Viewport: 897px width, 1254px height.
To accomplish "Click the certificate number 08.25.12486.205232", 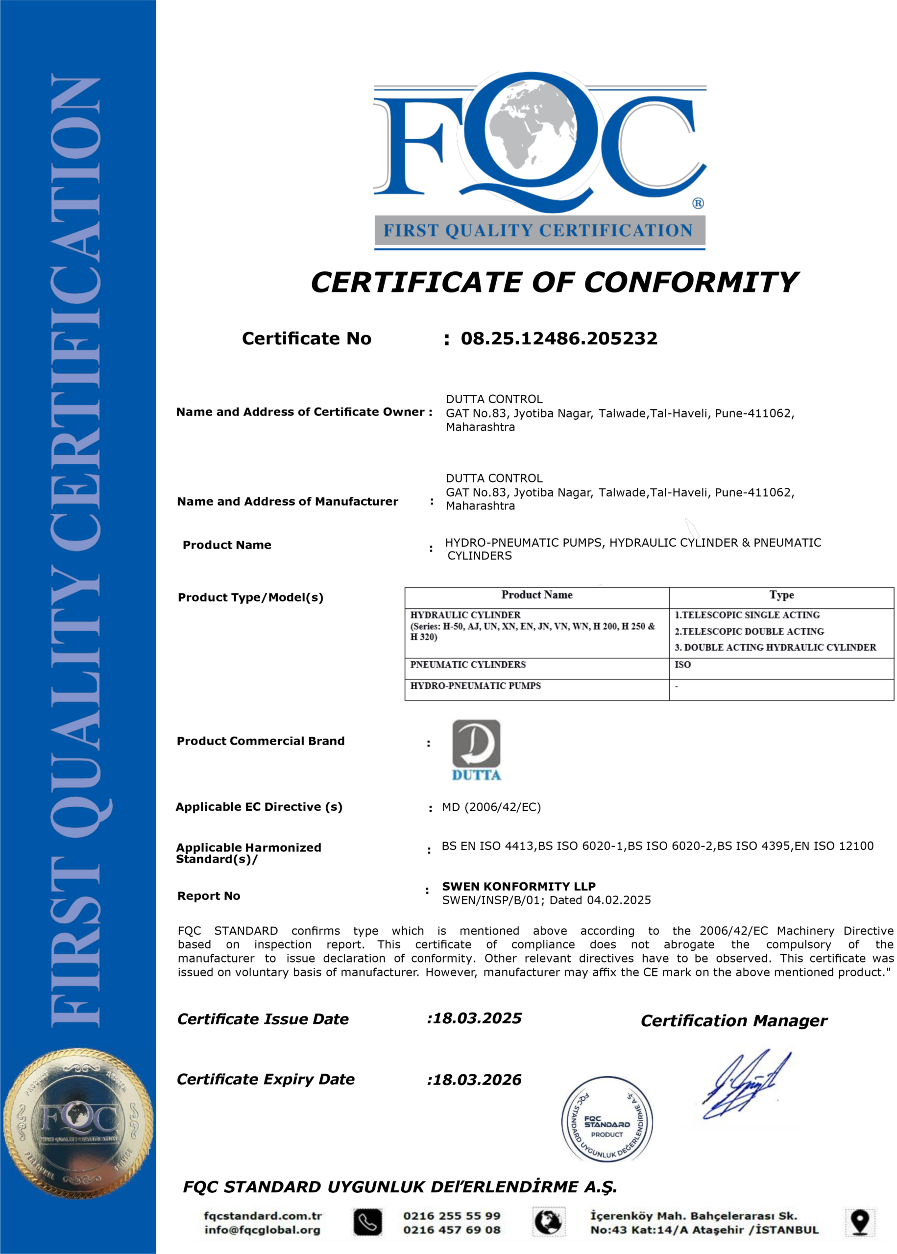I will point(559,338).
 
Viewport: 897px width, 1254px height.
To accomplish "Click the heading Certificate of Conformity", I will point(554,283).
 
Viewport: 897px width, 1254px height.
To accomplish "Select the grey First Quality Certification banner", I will point(540,230).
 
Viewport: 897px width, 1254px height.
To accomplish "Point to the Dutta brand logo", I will point(476,749).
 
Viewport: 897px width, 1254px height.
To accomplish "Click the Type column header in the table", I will point(781,595).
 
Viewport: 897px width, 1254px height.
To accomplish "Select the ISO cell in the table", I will point(683,665).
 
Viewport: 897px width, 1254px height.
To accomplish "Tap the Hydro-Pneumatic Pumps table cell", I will point(475,686).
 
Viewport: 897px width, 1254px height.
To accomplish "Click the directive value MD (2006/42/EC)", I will point(491,807).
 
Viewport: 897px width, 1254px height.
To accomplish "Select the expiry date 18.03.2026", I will point(477,1080).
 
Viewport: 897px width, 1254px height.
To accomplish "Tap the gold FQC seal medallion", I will point(78,1124).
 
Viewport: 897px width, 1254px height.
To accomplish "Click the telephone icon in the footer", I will point(367,1223).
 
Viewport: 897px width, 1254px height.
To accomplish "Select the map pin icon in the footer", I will point(860,1223).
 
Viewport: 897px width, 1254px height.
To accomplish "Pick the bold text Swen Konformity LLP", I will point(519,887).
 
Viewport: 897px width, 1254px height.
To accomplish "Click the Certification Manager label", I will point(733,1021).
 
